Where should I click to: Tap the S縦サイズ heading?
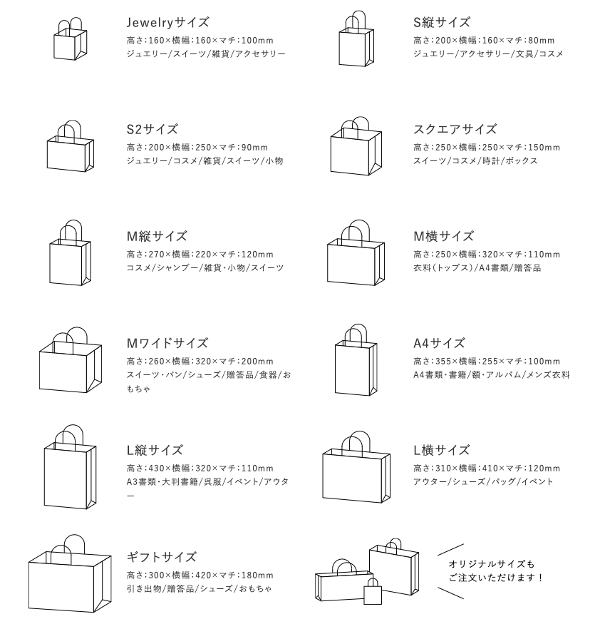pos(442,23)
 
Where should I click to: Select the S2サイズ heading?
pos(152,130)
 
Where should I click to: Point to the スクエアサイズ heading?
pos(455,130)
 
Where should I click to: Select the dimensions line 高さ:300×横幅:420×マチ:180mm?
pos(200,576)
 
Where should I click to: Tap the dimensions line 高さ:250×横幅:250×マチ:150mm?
pos(487,148)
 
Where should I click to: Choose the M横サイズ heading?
pos(444,237)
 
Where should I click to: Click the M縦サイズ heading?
pos(157,237)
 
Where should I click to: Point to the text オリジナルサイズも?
pos(491,563)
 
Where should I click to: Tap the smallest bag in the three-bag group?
pos(373,590)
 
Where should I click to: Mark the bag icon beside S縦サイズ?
pos(356,41)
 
